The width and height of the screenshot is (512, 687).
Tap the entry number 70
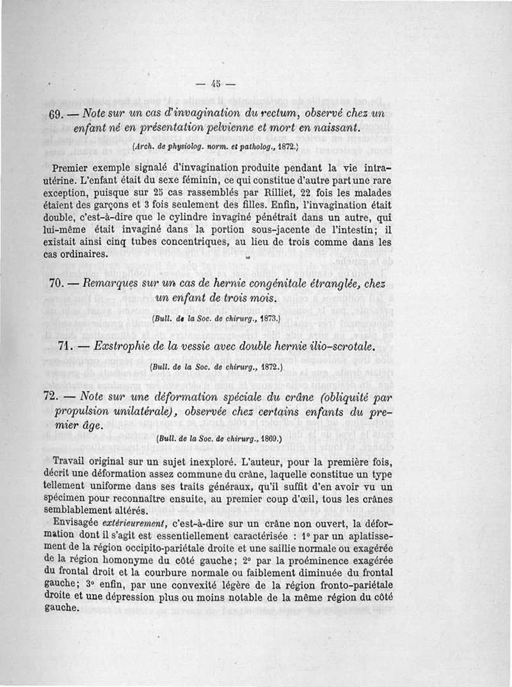coord(60,283)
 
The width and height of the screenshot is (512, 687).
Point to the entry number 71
coord(68,347)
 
